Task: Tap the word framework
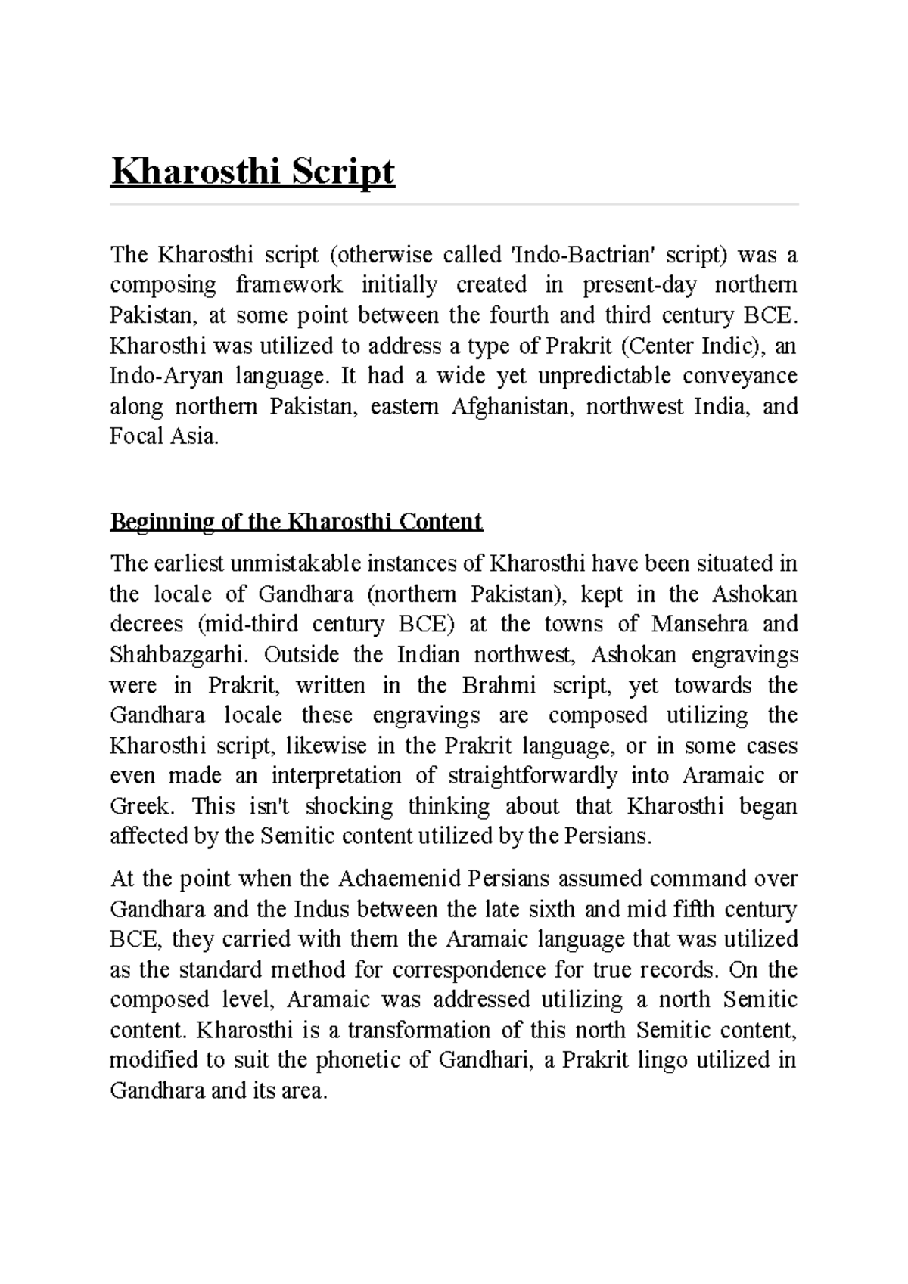click(289, 285)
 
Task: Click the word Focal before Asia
click(137, 437)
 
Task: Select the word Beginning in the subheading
click(154, 522)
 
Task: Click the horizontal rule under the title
click(454, 204)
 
